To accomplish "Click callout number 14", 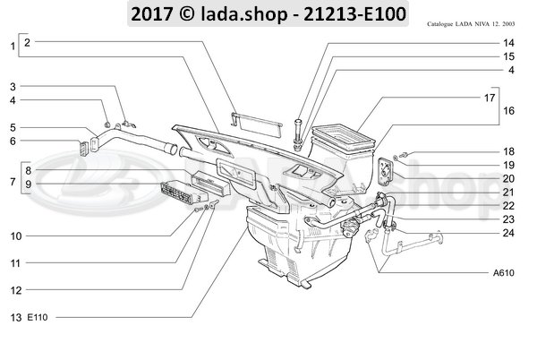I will (508, 42).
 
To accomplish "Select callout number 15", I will (508, 56).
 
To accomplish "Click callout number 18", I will (508, 152).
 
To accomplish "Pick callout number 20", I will (508, 179).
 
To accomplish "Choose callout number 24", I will (508, 233).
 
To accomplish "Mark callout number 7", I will (12, 183).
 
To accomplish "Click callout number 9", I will (28, 184).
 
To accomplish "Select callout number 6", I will (13, 141).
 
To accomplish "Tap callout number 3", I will (13, 87).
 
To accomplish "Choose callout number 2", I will (28, 42).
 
